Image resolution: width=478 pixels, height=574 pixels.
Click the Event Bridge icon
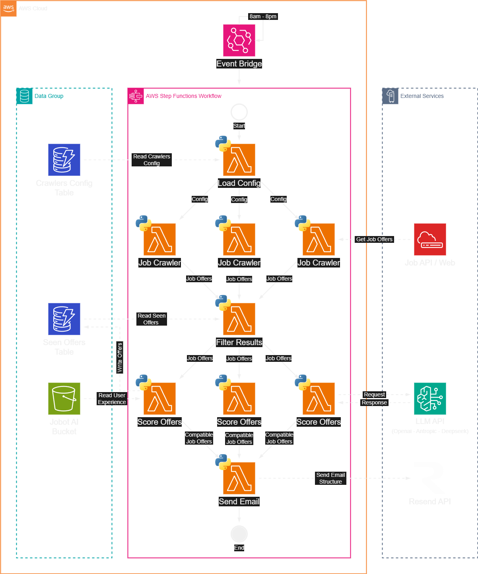point(239,40)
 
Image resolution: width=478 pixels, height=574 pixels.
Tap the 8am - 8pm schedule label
point(263,16)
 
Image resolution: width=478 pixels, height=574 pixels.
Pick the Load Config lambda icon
point(239,160)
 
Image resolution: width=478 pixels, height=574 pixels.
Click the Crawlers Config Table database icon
point(64,160)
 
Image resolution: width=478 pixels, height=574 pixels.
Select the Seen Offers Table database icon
point(64,319)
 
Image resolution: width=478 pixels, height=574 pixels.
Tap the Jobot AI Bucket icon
point(64,398)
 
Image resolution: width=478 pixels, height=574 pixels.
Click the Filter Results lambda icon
point(239,319)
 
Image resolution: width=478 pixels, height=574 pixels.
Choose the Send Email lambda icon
point(239,478)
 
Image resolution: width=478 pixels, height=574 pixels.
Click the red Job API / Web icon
point(430,239)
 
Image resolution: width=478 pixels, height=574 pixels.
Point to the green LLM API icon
point(430,398)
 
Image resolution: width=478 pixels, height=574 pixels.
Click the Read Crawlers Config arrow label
point(152,160)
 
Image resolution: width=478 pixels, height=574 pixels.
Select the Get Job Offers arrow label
point(374,239)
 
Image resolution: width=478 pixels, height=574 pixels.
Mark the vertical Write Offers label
point(120,357)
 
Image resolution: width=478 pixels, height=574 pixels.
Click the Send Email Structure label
point(330,478)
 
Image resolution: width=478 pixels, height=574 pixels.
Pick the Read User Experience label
point(112,398)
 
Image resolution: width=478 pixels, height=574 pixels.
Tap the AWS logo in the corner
point(8,8)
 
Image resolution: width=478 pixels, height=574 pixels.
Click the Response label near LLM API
point(374,402)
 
